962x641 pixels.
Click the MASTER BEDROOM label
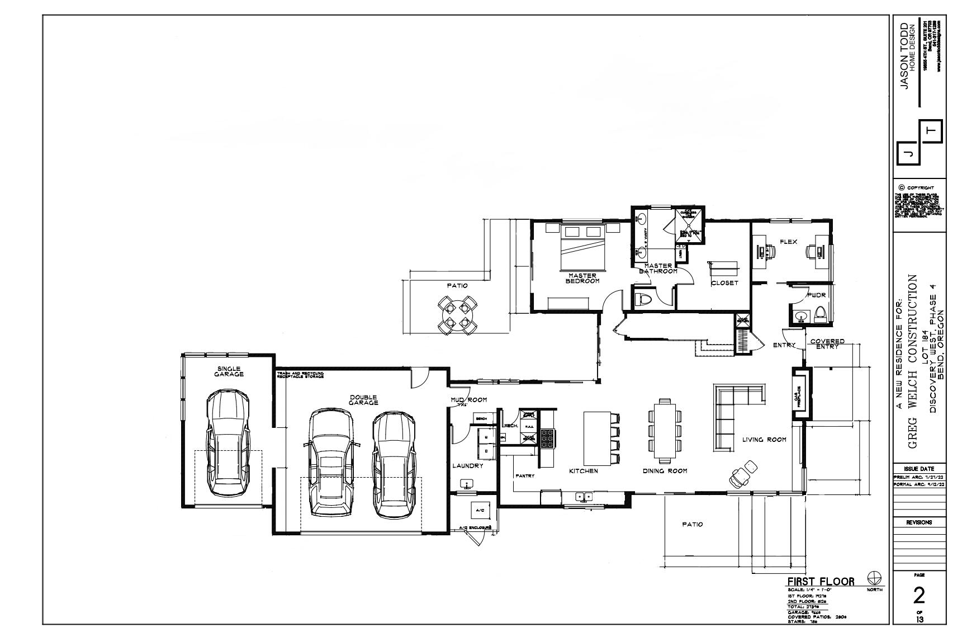coord(583,278)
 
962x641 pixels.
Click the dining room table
coord(665,430)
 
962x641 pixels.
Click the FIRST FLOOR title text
coord(821,581)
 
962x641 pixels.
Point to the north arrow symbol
coord(874,578)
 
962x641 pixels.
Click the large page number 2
coord(918,596)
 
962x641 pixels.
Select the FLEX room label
coord(788,242)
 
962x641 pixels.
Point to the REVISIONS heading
coord(918,522)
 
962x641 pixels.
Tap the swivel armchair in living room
coord(742,474)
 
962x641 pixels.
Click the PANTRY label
coord(525,476)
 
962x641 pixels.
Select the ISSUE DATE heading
coord(918,468)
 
